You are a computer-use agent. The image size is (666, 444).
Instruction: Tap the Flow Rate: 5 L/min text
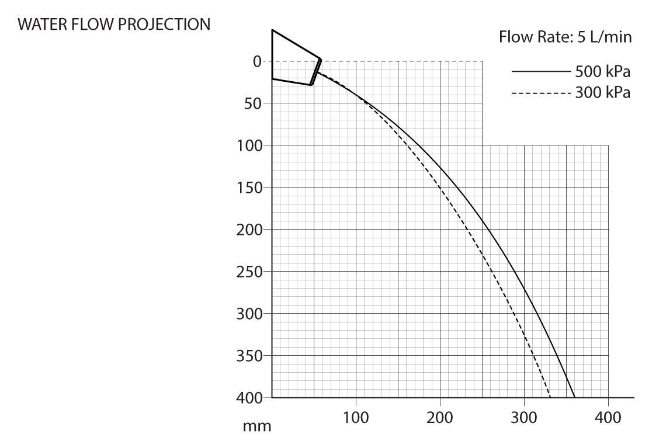564,38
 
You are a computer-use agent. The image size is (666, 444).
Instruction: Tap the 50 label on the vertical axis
254,103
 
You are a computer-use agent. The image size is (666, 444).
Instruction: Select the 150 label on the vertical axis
250,188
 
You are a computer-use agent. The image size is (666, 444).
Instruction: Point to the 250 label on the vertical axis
250,272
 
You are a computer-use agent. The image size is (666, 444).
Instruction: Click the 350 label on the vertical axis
250,356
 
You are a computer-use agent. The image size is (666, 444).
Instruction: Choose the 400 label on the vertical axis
250,398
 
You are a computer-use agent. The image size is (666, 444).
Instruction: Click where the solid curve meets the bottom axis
575,397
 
